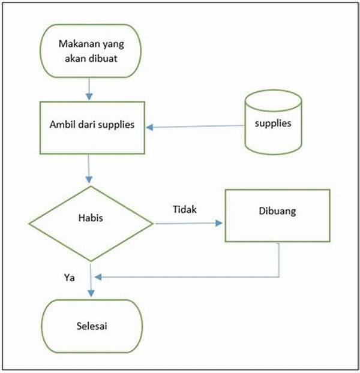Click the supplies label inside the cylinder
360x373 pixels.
tap(273, 124)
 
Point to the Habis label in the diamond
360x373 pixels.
tap(91, 218)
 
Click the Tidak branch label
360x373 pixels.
tap(185, 209)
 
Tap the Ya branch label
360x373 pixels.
tap(69, 278)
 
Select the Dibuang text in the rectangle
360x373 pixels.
tap(277, 211)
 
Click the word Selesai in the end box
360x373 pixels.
tap(92, 326)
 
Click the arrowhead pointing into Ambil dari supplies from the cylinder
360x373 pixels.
tap(149, 128)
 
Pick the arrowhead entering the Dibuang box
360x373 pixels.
tap(218, 223)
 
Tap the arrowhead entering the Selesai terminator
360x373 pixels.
tap(91, 293)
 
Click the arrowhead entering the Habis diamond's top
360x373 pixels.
tap(89, 179)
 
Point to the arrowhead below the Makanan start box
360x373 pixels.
tap(89, 97)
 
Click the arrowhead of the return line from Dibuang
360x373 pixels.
tap(98, 277)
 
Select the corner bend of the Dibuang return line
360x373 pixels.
tap(279, 277)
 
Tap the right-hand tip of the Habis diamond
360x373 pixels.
tap(153, 223)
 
